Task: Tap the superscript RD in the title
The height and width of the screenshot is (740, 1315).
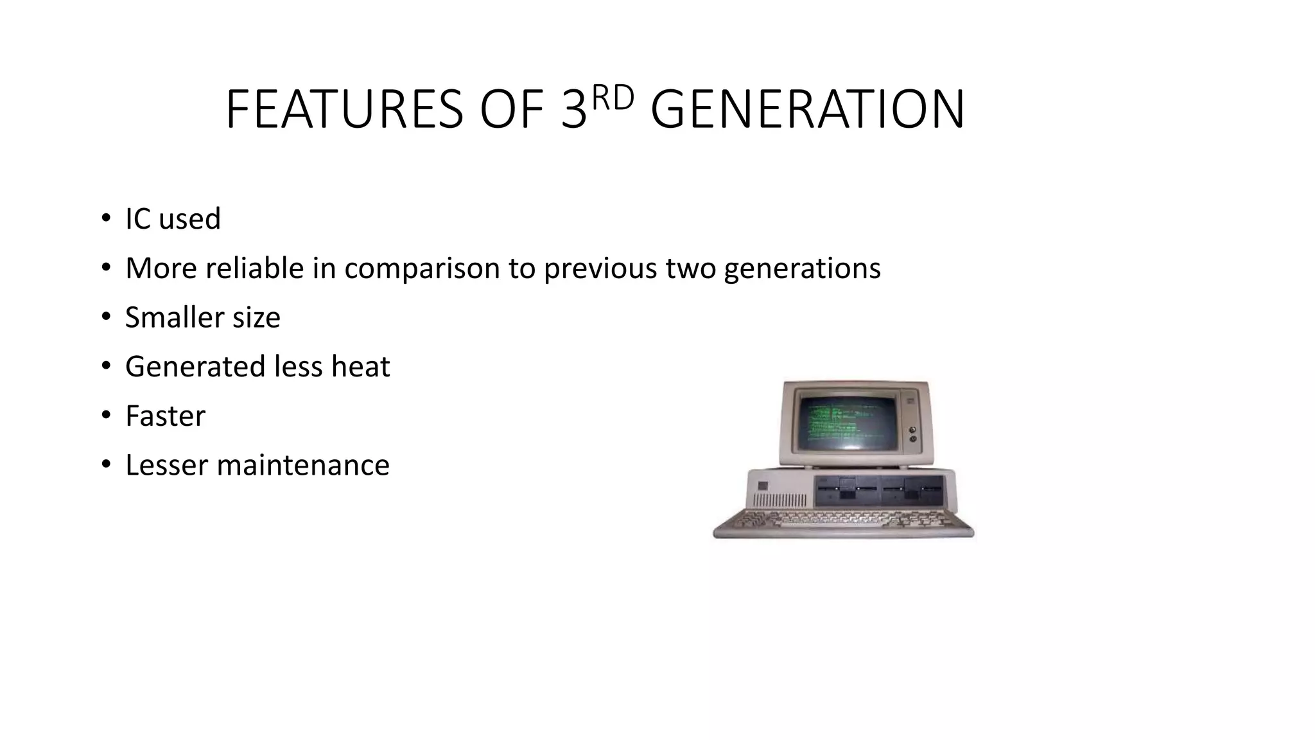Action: coord(612,98)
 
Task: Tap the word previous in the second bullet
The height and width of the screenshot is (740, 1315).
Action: coord(600,268)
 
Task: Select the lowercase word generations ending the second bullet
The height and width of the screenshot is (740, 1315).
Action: coord(802,269)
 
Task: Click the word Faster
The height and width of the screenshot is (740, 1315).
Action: coord(165,416)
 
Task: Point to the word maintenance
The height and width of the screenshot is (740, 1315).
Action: coord(303,465)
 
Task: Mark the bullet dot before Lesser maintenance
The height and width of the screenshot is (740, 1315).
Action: coord(106,464)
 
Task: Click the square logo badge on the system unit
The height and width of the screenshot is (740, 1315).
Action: coord(762,486)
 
